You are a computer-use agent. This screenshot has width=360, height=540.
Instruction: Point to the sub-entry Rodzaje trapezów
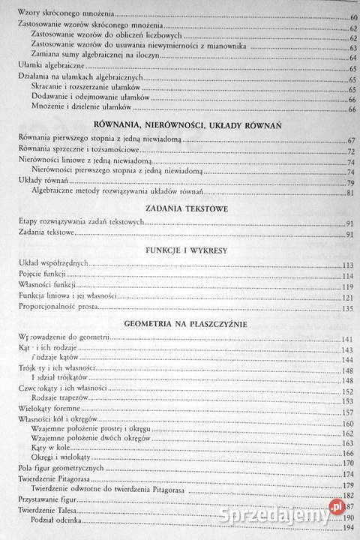tap(65, 399)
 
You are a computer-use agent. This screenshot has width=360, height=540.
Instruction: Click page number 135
tap(347, 308)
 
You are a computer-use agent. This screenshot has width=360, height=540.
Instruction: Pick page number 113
tap(347, 265)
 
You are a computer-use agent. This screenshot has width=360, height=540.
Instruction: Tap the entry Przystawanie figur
tap(48, 499)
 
